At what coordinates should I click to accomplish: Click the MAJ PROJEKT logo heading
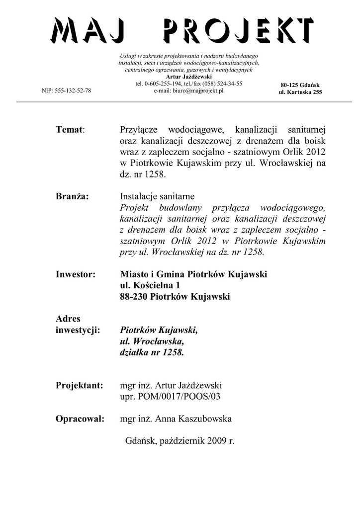(182, 30)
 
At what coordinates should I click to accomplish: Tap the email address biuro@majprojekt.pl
(189, 91)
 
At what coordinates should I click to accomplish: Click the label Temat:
(71, 130)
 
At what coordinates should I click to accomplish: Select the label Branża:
(73, 196)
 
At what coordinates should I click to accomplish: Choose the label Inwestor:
(76, 274)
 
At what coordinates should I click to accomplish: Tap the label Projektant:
(80, 385)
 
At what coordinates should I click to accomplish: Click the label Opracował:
(81, 419)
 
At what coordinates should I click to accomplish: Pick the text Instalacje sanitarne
(158, 196)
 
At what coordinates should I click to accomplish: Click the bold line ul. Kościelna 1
(150, 285)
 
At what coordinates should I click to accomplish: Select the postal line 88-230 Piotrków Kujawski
(175, 297)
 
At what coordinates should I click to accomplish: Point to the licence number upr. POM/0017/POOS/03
(170, 397)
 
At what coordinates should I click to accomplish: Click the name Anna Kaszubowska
(193, 419)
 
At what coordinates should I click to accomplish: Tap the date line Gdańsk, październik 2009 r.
(180, 440)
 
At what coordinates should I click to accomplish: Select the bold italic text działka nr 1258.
(152, 352)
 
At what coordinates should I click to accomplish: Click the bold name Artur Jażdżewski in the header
(189, 77)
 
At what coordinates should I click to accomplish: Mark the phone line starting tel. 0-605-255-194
(189, 84)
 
